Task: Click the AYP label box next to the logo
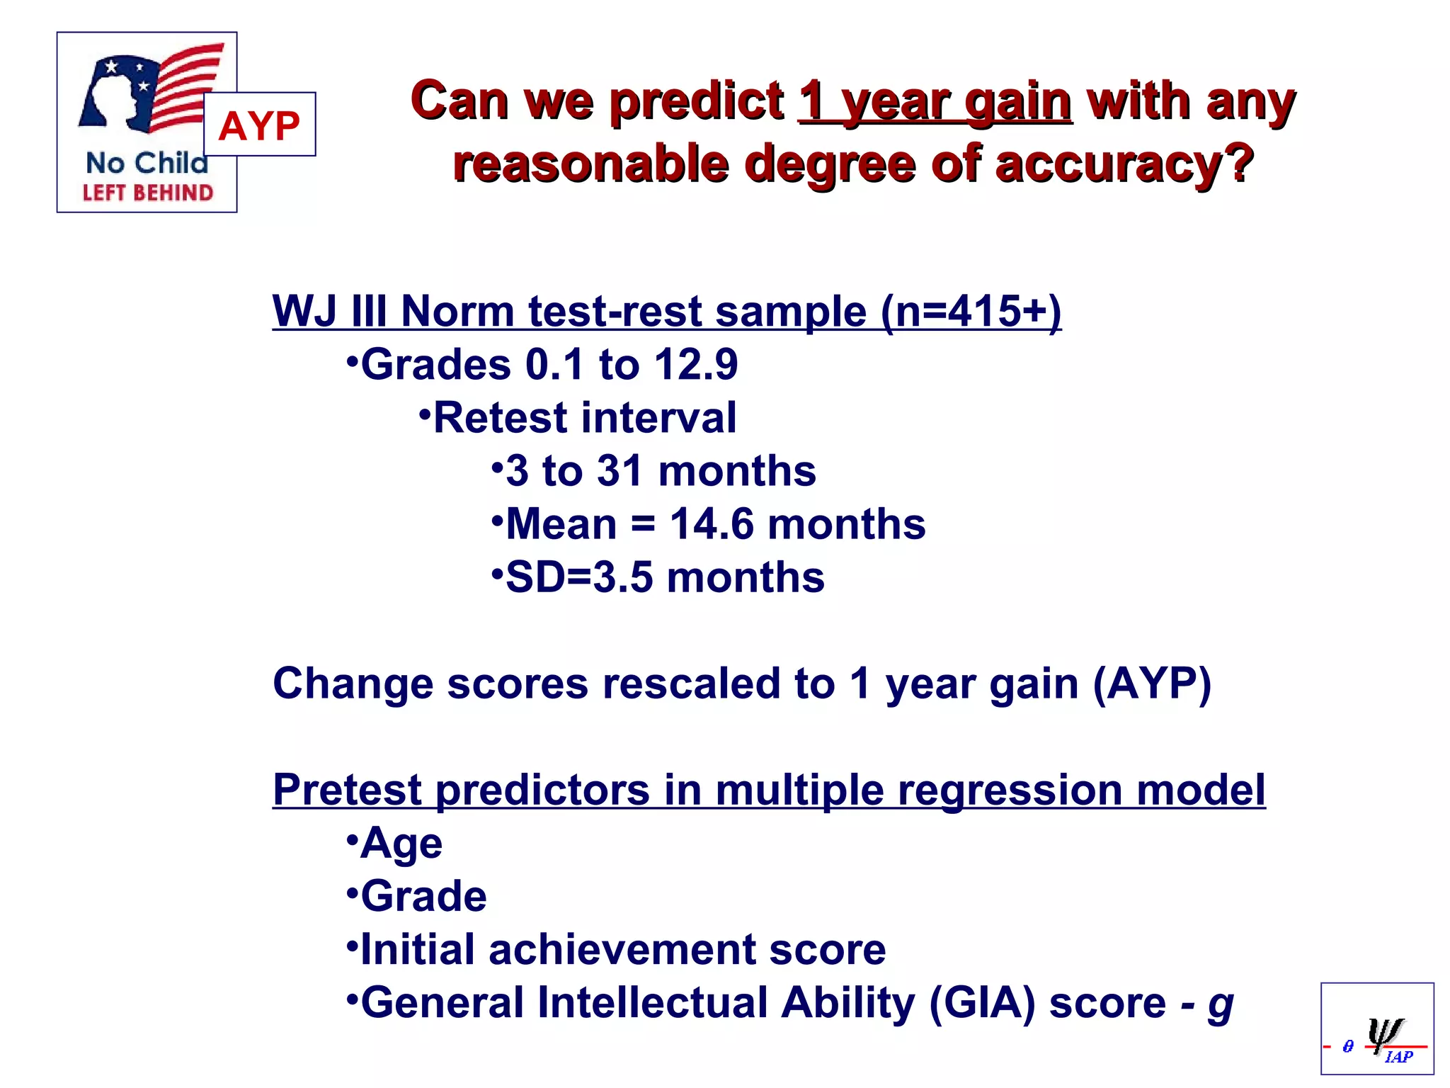(259, 125)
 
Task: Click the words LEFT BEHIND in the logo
(147, 193)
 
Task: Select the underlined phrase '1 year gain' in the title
(935, 103)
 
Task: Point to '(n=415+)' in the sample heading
(971, 312)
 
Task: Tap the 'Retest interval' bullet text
(585, 418)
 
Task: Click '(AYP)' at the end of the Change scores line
(1152, 684)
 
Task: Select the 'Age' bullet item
(401, 844)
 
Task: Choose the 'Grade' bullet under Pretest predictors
(423, 897)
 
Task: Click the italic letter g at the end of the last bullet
(1220, 1006)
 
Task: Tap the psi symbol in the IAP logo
(1384, 1034)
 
